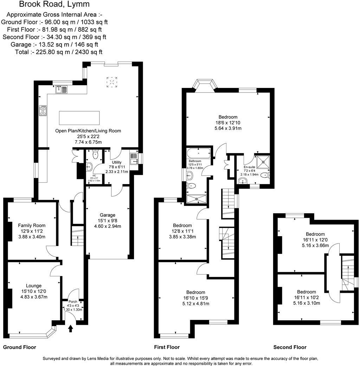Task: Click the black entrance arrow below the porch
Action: click(71, 328)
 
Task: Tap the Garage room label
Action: click(107, 215)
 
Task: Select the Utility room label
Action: click(117, 162)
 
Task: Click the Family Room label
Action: click(32, 226)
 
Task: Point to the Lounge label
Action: click(34, 286)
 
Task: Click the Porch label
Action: click(72, 301)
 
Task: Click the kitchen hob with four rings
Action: click(43, 111)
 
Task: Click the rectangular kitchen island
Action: click(79, 118)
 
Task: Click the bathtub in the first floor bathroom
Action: click(199, 153)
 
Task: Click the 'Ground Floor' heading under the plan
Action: click(19, 347)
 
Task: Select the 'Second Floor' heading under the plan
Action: click(290, 347)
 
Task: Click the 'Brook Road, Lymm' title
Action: click(54, 4)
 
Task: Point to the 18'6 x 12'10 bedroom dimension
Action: click(228, 123)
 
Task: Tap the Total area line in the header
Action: click(59, 52)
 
